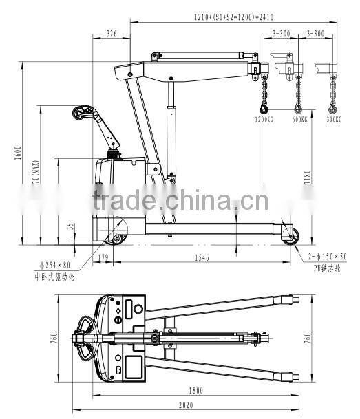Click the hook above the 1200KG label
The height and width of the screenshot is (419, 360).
point(263,107)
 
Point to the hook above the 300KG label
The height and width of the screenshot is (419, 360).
point(334,107)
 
